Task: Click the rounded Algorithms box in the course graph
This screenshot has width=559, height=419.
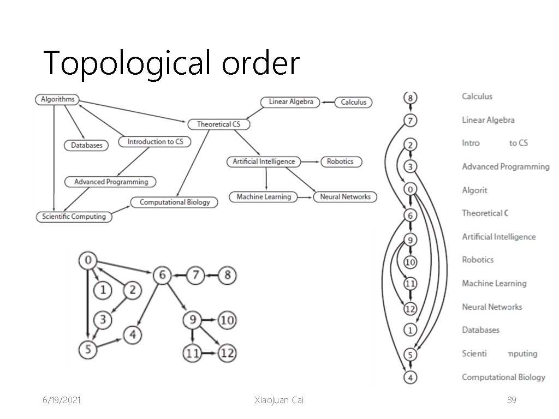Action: (x=57, y=99)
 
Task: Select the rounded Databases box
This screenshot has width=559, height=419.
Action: (x=86, y=145)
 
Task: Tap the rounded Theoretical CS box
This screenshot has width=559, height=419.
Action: (x=218, y=124)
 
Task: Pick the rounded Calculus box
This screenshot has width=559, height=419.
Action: (x=353, y=102)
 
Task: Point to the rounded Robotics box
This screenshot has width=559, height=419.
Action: (x=340, y=161)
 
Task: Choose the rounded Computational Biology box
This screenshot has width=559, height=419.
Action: (x=175, y=202)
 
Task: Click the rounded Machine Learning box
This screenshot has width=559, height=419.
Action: (x=264, y=197)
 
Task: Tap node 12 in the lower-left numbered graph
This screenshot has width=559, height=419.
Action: (x=227, y=354)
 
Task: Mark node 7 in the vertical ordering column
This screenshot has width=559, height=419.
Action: (x=410, y=121)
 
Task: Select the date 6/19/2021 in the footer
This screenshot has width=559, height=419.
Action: (x=62, y=400)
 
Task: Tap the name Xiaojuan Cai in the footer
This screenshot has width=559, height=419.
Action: (x=279, y=400)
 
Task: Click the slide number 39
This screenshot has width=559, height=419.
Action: (x=512, y=400)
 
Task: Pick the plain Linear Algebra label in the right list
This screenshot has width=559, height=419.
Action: (x=488, y=120)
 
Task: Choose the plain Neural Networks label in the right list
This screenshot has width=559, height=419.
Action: (x=492, y=307)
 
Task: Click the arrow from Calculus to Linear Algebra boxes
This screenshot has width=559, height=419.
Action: (x=328, y=102)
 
